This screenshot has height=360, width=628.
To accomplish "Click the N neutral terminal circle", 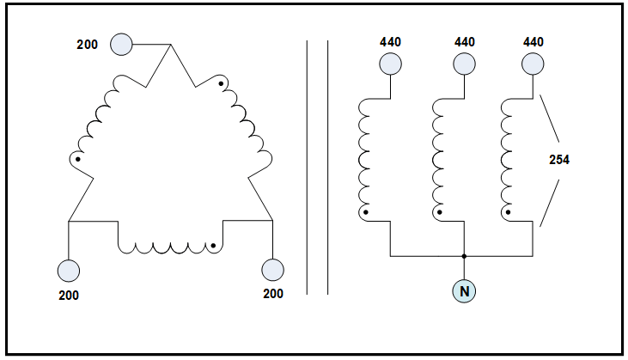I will click(x=464, y=290).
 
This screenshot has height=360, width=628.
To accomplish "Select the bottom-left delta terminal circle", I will click(x=69, y=271).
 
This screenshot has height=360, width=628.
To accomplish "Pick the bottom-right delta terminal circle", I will click(x=272, y=271).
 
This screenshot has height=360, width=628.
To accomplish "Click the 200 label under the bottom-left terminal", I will click(x=69, y=295).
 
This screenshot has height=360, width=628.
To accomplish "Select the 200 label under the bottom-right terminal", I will click(x=272, y=295).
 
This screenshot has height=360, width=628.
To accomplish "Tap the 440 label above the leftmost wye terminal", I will click(x=391, y=41).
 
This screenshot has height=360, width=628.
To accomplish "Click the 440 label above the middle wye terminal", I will click(x=464, y=41).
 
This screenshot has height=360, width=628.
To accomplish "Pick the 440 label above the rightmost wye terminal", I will click(x=533, y=41).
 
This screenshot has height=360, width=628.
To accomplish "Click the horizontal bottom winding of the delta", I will click(x=169, y=247).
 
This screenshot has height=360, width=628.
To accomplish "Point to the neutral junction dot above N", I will click(x=464, y=256).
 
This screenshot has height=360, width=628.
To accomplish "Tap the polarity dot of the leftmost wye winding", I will click(x=366, y=211).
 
